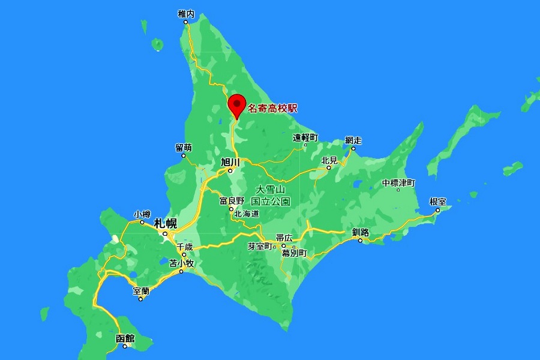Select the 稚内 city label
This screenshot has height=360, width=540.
[187, 13]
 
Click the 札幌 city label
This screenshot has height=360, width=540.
[166, 223]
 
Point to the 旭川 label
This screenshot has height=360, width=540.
[230, 162]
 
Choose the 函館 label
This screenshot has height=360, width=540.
[125, 338]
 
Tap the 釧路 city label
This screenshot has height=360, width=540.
[361, 232]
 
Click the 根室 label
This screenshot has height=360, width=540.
[438, 202]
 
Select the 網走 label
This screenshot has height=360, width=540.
[353, 140]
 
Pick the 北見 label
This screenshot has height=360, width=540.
[329, 160]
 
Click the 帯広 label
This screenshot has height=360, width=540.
[284, 238]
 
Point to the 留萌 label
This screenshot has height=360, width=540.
[184, 148]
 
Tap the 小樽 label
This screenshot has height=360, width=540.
[142, 214]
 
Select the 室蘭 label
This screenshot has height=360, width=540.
[141, 291]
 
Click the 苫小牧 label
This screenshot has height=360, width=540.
[181, 263]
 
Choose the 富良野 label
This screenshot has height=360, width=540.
[232, 200]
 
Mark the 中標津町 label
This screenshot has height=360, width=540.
[398, 182]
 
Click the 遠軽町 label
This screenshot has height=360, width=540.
[305, 137]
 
